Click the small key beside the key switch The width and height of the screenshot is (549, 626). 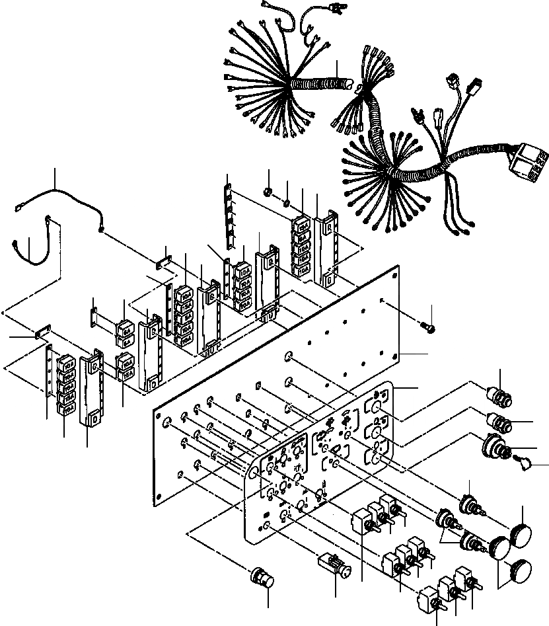pyautogui.click(x=526, y=467)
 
